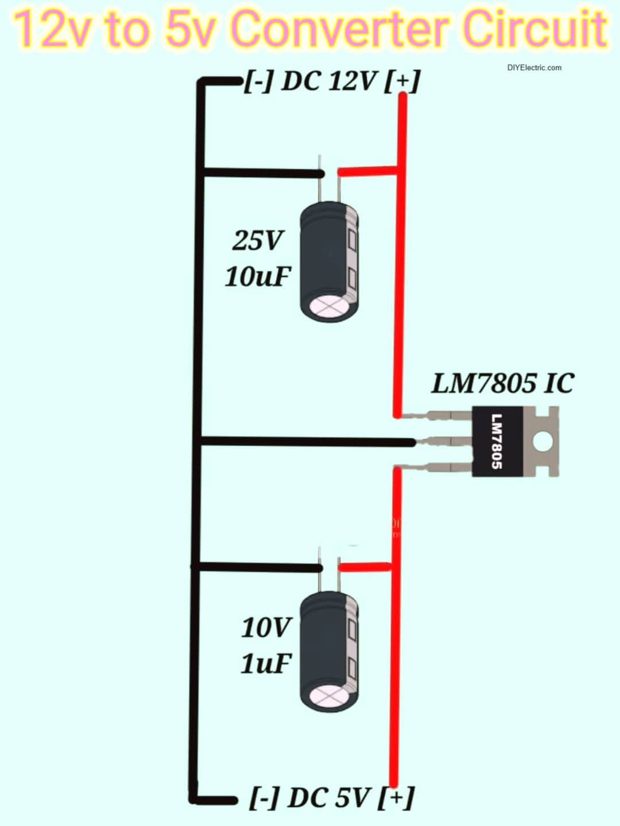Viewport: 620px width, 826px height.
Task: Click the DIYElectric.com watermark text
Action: click(534, 68)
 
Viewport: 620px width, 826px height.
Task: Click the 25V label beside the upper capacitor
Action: click(257, 240)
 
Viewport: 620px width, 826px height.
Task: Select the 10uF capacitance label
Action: click(258, 276)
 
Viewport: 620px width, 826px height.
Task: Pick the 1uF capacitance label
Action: click(266, 664)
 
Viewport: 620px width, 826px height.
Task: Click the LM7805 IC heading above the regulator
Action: click(502, 383)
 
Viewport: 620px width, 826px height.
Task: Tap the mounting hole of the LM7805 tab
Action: click(542, 441)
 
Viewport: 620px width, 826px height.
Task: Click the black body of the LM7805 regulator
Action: click(497, 441)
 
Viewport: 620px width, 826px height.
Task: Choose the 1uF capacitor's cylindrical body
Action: click(330, 651)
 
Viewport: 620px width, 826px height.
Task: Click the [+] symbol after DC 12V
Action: click(402, 81)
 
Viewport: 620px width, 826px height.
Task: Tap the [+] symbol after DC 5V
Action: click(396, 797)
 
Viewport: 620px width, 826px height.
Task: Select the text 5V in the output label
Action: click(351, 797)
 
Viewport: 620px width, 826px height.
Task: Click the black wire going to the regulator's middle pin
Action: click(304, 442)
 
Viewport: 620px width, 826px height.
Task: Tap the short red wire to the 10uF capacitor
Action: click(367, 171)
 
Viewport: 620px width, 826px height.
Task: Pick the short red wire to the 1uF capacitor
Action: click(365, 567)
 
